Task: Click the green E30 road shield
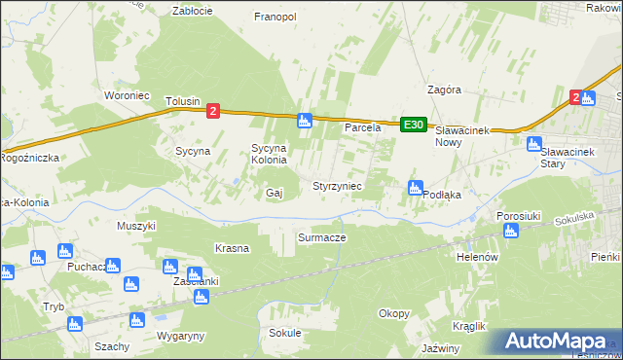(414, 124)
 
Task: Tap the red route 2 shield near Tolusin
(213, 111)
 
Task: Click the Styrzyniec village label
(337, 185)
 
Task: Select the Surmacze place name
(322, 236)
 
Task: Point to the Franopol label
(275, 17)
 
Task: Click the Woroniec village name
(126, 95)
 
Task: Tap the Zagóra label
(444, 89)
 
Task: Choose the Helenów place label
(477, 257)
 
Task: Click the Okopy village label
(394, 312)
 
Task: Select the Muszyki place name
(136, 225)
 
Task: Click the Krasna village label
(233, 248)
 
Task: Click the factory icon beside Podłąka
(416, 188)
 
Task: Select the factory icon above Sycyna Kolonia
(304, 121)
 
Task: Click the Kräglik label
(468, 326)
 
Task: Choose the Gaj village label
(274, 193)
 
